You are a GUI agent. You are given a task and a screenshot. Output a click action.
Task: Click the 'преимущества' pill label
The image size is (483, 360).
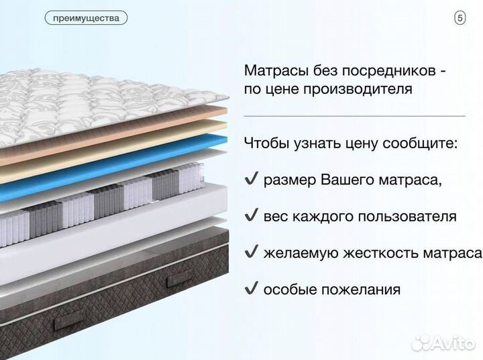tap(86, 18)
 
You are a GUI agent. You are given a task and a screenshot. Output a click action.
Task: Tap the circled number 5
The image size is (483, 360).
tap(460, 18)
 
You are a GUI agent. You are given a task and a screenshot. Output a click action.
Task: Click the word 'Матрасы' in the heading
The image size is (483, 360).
tap(272, 70)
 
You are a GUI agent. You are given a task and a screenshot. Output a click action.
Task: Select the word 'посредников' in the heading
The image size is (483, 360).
tap(386, 70)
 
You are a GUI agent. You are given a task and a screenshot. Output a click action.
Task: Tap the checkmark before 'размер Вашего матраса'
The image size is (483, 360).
tap(252, 180)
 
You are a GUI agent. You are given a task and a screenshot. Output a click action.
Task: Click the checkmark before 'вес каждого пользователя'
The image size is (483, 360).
tap(252, 216)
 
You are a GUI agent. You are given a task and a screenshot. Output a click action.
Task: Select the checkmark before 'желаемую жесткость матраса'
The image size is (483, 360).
tap(252, 253)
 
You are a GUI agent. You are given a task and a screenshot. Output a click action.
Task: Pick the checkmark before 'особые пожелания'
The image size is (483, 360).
tap(252, 289)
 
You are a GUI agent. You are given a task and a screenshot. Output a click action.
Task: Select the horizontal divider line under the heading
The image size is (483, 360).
tap(354, 116)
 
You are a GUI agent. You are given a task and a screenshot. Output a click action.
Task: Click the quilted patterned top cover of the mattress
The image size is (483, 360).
tap(101, 94)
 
